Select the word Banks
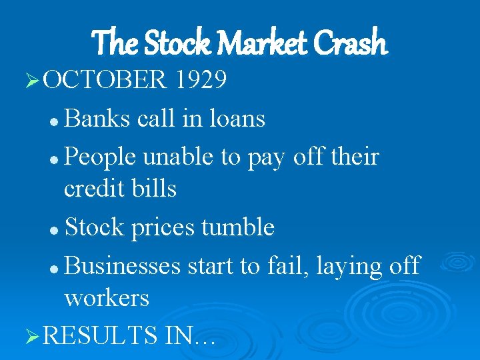coord(98,119)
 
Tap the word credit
coord(94,189)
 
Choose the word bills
coord(154,189)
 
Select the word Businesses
coord(123,267)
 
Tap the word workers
coord(107,298)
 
